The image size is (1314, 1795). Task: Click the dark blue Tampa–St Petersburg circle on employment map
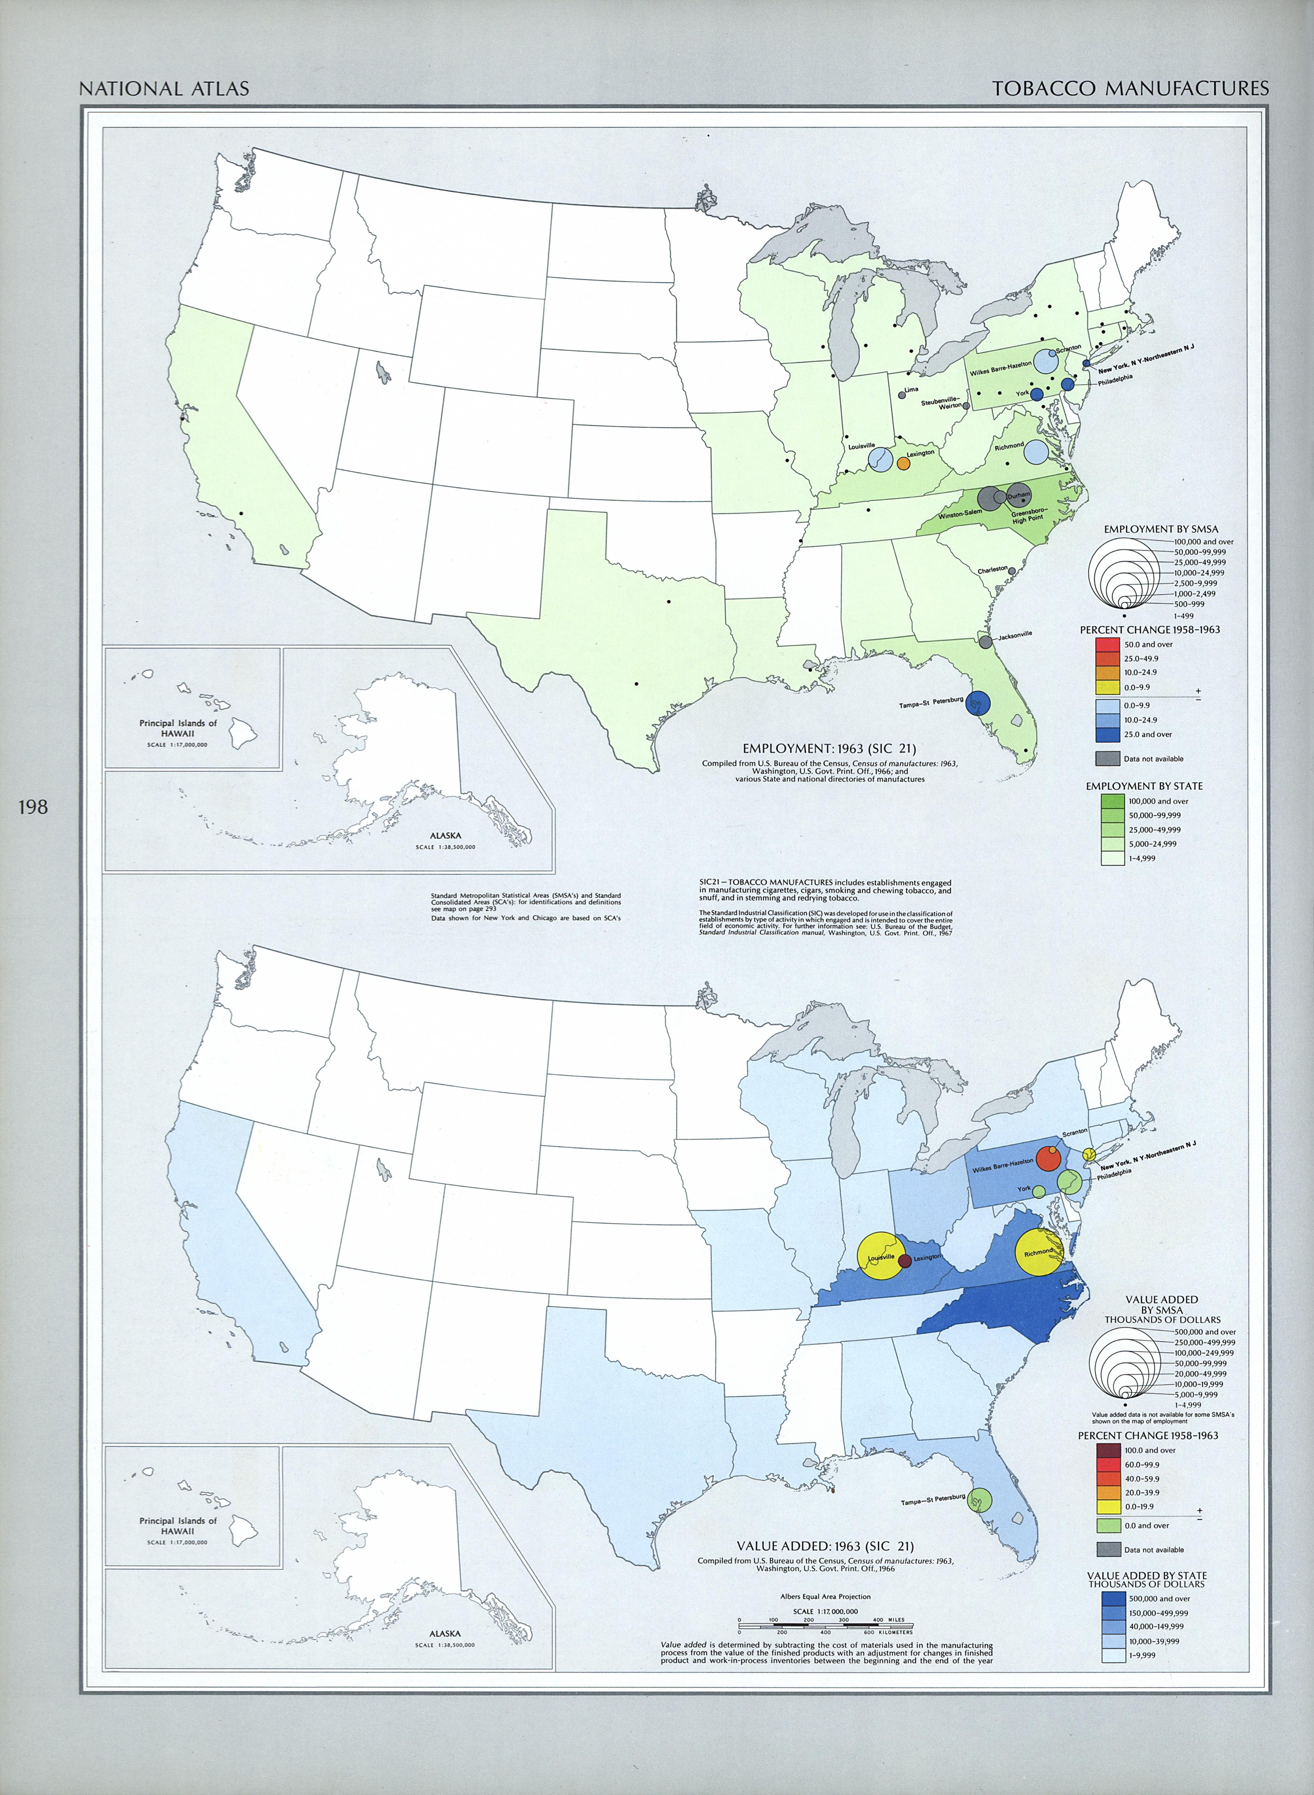978,703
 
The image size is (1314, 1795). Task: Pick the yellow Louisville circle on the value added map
880,1256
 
